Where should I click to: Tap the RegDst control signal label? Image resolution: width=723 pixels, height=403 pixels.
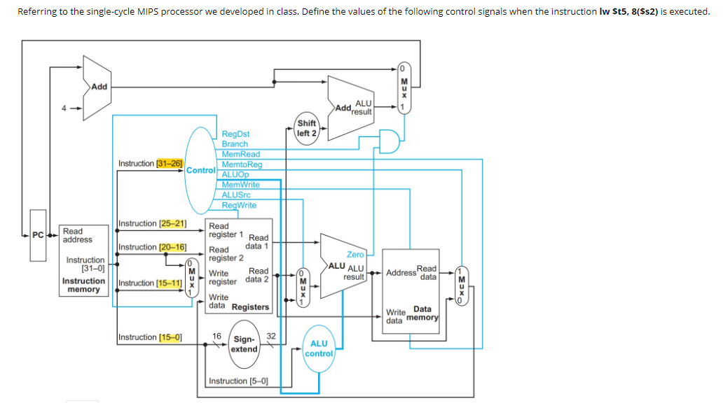pos(235,134)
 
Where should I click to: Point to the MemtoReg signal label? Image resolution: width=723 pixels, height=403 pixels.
pos(242,164)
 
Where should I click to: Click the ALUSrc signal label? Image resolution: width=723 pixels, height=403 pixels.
pos(239,195)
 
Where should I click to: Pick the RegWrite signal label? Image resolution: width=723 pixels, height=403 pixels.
pos(239,206)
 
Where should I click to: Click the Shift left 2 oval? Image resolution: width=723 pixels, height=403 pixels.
pos(306,128)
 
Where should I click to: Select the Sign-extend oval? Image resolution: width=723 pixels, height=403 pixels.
pos(245,344)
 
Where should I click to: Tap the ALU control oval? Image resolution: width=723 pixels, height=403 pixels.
pos(319,348)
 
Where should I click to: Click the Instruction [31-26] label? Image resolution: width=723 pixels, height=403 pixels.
pos(151,164)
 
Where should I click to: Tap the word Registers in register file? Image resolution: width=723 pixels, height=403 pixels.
pos(250,307)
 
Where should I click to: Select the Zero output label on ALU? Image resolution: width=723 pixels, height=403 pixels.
pos(355,255)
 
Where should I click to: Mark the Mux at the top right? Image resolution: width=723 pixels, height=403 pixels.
pos(403,87)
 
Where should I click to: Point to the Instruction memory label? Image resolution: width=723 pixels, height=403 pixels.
pos(83,285)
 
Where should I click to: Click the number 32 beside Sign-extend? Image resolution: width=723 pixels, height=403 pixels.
pos(271,337)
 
